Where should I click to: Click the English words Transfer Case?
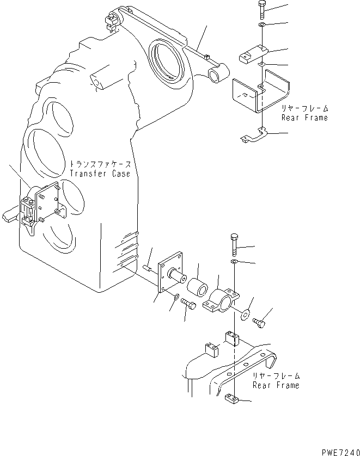(x=100, y=174)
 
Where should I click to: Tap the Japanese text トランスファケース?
(x=100, y=163)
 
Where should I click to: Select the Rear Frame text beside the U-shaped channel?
(x=304, y=118)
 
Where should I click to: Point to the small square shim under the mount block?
(x=262, y=65)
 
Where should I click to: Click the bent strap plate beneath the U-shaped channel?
(x=255, y=135)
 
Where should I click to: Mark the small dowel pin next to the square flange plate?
(x=147, y=267)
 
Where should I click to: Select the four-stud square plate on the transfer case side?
(x=47, y=203)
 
